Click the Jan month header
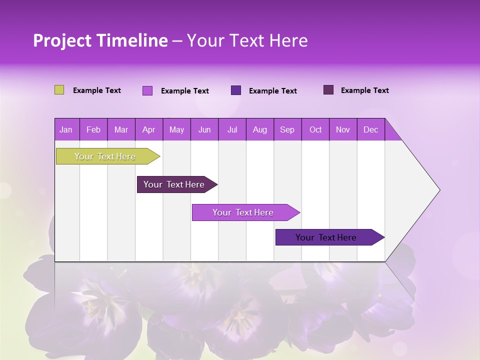66,130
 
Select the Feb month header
93,130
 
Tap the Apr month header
149,130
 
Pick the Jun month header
204,130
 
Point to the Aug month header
260,130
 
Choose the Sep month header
287,130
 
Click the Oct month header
315,130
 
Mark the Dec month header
371,130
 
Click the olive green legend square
59,90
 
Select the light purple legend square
147,90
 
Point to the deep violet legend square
236,90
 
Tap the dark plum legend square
328,90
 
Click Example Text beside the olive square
97,90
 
